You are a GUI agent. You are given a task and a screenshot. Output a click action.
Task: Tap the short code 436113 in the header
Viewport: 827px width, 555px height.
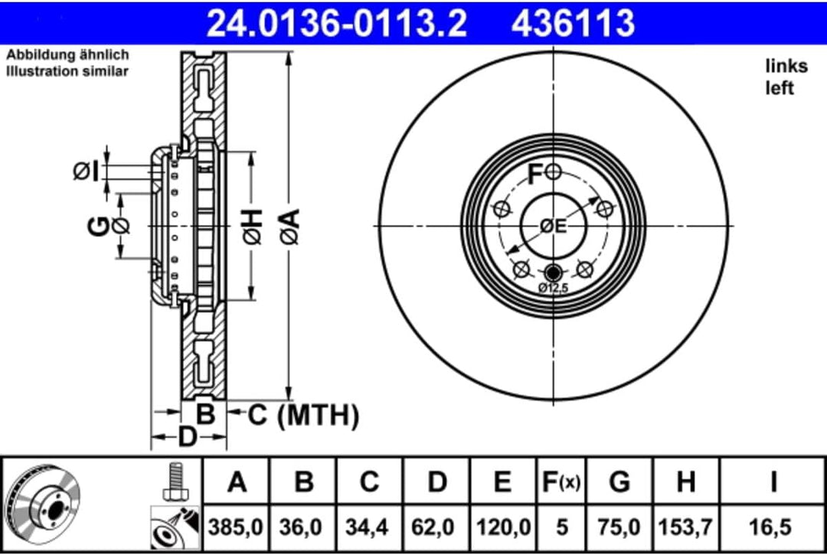coord(573,22)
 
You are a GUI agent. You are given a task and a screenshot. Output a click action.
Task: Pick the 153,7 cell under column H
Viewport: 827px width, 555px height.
coord(686,527)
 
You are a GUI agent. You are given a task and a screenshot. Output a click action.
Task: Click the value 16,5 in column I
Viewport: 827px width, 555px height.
coord(773,527)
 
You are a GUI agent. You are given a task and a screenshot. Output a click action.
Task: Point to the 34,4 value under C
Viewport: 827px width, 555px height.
coord(369,527)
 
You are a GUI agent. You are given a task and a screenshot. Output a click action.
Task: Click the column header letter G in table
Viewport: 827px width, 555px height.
coord(619,482)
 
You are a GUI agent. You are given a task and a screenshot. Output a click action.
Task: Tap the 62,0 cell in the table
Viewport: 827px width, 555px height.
coord(436,527)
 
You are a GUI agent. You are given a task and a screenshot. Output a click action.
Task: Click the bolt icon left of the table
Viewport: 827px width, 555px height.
coord(175,480)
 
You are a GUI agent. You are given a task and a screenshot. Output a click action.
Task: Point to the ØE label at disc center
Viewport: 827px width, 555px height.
coord(552,226)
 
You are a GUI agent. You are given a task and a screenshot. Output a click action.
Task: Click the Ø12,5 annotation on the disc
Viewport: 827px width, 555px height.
coord(553,288)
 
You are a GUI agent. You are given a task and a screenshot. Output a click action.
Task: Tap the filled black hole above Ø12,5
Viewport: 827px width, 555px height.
coord(553,271)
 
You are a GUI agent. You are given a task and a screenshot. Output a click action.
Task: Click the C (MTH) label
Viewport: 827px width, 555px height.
coord(302,416)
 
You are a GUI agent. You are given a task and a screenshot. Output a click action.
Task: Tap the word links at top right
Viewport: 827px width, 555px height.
coord(786,67)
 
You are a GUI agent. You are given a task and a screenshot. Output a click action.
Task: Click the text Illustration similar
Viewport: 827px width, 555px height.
coord(67,71)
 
